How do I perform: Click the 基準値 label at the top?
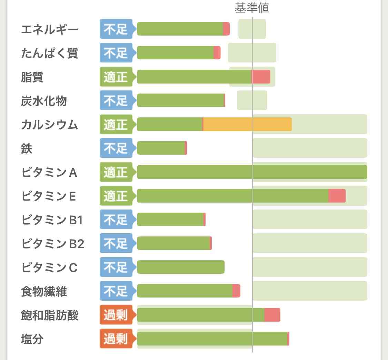click(x=252, y=8)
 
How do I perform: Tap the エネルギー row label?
click(x=50, y=29)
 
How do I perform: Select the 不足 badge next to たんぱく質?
click(x=116, y=53)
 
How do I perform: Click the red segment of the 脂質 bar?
click(x=261, y=77)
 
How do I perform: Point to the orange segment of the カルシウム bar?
click(x=247, y=124)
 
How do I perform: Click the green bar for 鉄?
click(x=161, y=148)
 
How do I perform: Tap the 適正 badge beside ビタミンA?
click(x=116, y=172)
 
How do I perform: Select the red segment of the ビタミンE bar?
click(x=337, y=196)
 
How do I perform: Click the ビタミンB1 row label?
click(x=52, y=220)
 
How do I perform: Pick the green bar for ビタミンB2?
click(x=173, y=243)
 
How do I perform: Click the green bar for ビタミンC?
click(x=181, y=267)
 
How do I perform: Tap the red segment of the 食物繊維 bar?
click(x=236, y=291)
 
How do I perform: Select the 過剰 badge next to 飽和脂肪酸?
click(x=116, y=315)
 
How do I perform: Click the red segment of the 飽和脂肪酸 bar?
click(x=272, y=315)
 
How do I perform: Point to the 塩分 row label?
click(x=32, y=339)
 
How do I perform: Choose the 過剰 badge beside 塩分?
click(x=116, y=339)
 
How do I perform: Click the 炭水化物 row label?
click(x=44, y=101)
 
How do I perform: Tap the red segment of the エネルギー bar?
click(x=226, y=29)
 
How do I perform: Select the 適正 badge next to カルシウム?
click(x=116, y=124)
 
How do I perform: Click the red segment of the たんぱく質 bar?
click(x=217, y=53)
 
